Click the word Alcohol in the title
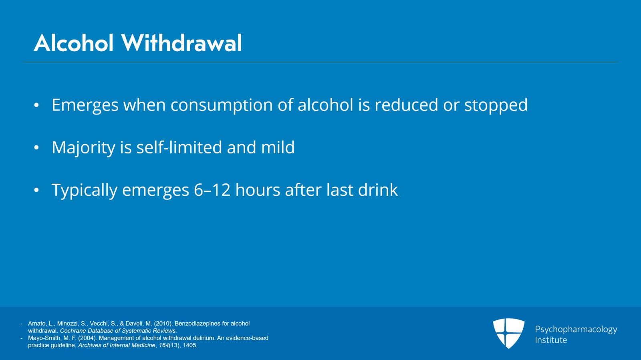tap(74, 43)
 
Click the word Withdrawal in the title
tap(181, 43)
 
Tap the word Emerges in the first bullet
tap(85, 105)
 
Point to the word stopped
tap(496, 105)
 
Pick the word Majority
tap(83, 148)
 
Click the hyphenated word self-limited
tap(179, 147)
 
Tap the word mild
tap(278, 147)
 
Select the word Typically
tap(84, 190)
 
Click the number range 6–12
tap(212, 190)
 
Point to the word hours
tap(258, 190)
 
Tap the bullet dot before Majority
tap(36, 148)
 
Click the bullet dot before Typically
tap(36, 190)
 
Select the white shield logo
tap(508, 333)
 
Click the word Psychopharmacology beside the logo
tap(576, 330)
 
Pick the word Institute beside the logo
tap(551, 340)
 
